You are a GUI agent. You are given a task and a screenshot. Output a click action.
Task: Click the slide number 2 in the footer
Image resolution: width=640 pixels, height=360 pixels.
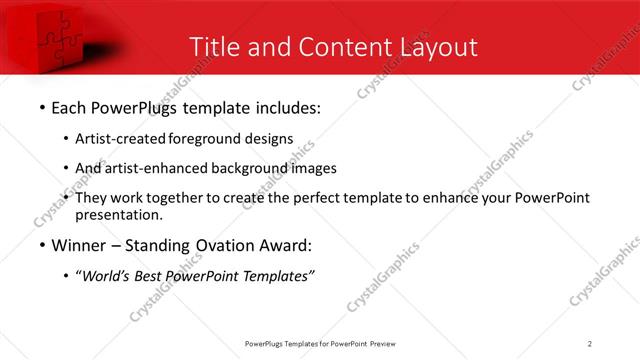(590, 344)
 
